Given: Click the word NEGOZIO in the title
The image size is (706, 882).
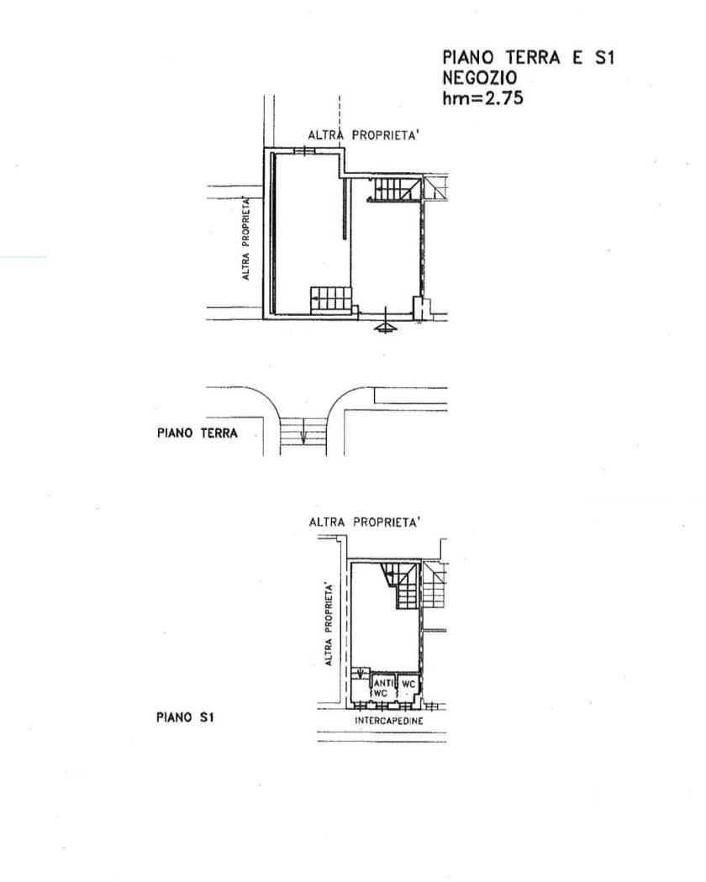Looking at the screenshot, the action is click(x=479, y=77).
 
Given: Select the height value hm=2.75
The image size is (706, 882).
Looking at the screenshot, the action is click(x=482, y=98).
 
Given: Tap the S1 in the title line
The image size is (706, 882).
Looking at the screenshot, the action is click(x=604, y=57).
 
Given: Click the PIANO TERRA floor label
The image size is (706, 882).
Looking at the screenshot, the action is click(x=197, y=433).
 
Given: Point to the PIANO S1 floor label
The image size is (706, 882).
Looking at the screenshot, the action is click(x=185, y=717).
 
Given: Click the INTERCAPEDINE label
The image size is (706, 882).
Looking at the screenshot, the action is click(x=389, y=721).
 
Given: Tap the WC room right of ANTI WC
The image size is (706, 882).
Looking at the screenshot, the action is click(x=408, y=684).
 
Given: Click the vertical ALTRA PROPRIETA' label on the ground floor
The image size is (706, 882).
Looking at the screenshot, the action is click(x=245, y=238).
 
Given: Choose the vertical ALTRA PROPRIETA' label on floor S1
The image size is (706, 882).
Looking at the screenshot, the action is click(x=329, y=625).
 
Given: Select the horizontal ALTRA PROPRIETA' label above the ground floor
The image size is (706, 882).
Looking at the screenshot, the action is click(x=364, y=135).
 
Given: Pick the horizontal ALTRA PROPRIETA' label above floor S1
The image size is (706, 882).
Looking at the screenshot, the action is click(x=365, y=522).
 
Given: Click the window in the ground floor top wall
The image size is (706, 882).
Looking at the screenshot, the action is click(x=303, y=150).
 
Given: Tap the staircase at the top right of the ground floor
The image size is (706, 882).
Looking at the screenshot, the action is click(x=395, y=189).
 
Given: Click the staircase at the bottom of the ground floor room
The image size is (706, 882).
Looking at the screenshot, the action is click(x=332, y=301).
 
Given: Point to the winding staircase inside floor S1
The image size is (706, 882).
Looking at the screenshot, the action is click(x=400, y=585).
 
